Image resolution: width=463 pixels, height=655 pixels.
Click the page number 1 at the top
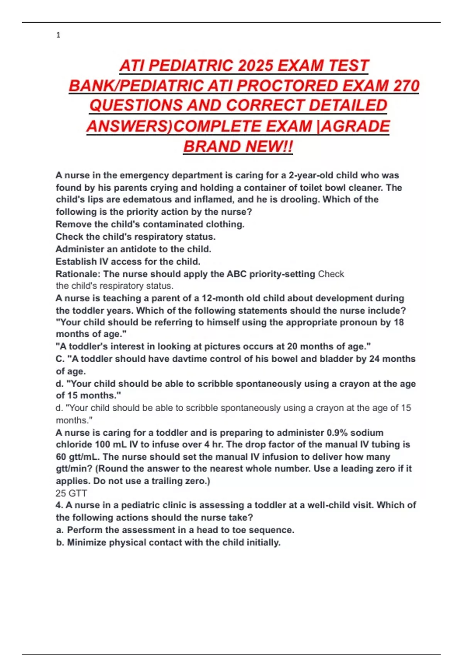(58, 35)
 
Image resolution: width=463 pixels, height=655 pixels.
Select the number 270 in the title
(406, 86)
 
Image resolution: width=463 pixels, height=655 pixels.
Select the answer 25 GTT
(71, 493)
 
